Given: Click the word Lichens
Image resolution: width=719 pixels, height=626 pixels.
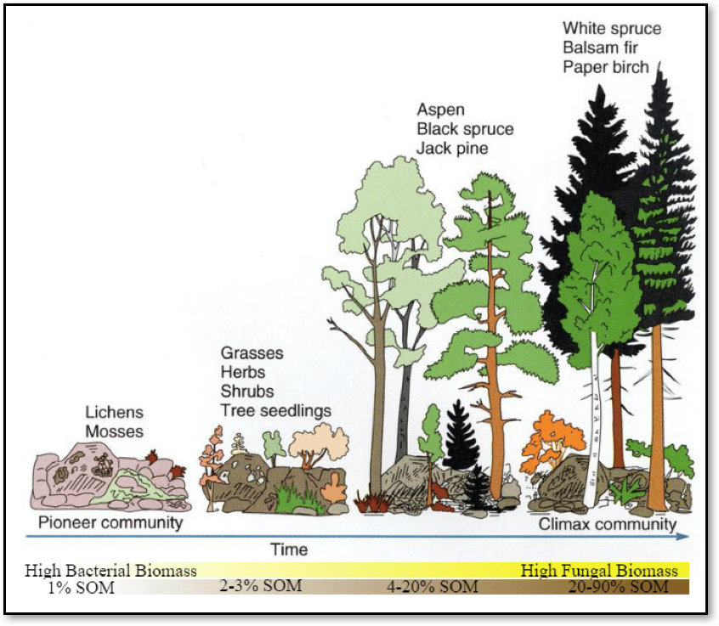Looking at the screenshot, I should (113, 413).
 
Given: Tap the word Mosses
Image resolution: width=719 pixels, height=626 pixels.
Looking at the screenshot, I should (114, 431).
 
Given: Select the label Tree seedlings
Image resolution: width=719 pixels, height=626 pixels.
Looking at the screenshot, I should (275, 411).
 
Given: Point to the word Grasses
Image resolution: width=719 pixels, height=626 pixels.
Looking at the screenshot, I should (252, 352).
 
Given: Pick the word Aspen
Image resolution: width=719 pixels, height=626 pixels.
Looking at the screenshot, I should (439, 109).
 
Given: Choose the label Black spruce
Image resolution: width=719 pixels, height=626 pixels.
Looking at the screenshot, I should (465, 128).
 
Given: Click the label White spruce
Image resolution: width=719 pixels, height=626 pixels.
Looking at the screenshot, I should (611, 29).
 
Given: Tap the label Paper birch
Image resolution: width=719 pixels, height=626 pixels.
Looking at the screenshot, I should (606, 67).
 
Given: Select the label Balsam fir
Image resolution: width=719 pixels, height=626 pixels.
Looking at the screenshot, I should (600, 48).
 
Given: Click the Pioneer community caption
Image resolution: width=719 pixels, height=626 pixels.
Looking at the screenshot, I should (110, 522).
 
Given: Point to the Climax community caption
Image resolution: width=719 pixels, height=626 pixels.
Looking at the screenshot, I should (607, 524).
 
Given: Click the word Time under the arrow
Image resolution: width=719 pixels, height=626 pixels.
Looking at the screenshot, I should (288, 550).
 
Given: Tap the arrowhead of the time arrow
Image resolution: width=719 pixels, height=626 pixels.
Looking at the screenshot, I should (684, 537).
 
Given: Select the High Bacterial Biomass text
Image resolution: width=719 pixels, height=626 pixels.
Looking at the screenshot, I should (110, 571).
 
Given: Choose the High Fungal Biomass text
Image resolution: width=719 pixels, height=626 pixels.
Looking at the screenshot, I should (599, 571).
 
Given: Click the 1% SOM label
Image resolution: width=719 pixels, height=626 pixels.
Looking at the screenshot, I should (81, 587).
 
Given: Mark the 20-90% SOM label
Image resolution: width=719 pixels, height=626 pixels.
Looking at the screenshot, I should (617, 587).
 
